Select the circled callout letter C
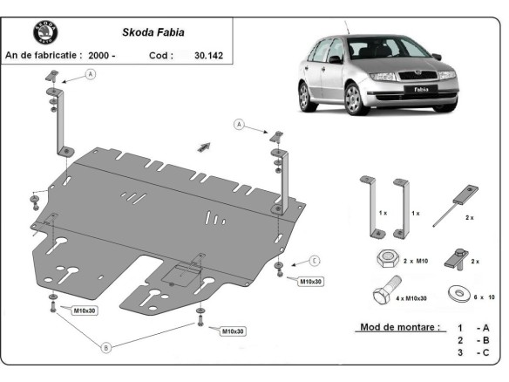315,260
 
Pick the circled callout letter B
106,346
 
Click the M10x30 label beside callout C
311,281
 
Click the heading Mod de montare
400,328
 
